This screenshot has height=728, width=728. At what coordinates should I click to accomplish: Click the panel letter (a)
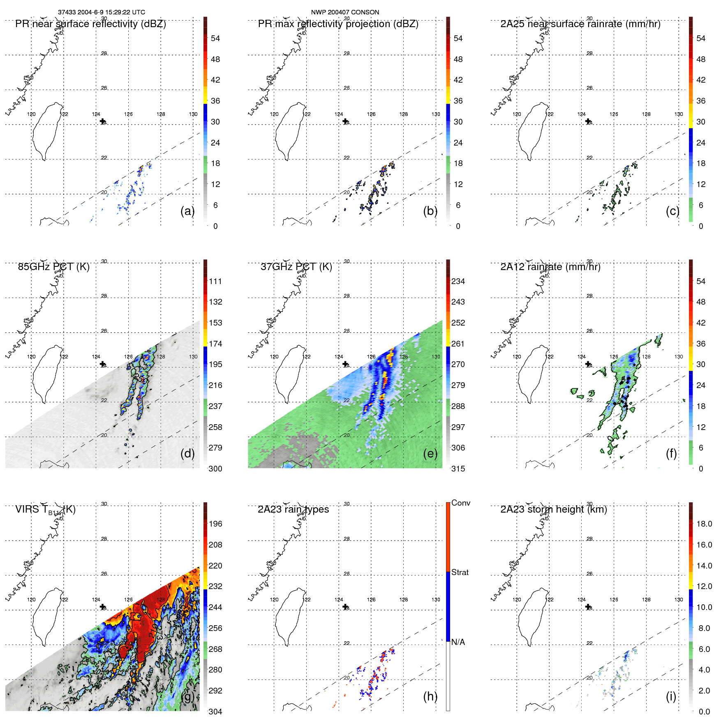click(187, 211)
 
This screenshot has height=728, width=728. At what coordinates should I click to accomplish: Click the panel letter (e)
click(430, 454)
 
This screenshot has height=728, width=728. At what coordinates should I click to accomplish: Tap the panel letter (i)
click(671, 696)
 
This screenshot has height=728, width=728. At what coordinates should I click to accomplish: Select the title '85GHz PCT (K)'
click(53, 267)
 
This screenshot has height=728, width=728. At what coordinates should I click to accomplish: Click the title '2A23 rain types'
click(293, 509)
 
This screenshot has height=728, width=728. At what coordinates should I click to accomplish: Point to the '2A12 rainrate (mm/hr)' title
click(550, 267)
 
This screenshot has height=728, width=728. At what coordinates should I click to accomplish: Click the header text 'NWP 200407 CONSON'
click(345, 12)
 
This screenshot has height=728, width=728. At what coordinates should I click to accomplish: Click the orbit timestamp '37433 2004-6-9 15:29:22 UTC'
click(101, 12)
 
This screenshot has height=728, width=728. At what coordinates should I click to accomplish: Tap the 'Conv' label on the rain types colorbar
click(460, 503)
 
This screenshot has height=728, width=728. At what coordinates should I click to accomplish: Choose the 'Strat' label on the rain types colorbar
click(460, 572)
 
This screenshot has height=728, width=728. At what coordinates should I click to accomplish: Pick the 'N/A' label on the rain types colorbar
click(458, 642)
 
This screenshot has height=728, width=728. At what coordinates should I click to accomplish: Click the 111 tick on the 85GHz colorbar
click(215, 281)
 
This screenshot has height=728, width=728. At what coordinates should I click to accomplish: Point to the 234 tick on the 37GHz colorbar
click(458, 281)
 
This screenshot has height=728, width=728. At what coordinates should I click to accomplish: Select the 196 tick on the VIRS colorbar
click(215, 524)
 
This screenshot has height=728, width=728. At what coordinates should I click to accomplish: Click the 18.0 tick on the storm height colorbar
click(704, 524)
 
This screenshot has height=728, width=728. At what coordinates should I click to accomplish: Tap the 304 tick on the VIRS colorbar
click(215, 712)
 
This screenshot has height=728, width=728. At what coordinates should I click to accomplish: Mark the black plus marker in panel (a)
click(103, 121)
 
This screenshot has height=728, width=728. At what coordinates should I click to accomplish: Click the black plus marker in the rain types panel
click(345, 607)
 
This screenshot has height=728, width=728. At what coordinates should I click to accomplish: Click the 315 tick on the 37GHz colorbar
click(458, 469)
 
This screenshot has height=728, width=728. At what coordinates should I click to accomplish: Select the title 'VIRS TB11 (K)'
click(45, 510)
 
